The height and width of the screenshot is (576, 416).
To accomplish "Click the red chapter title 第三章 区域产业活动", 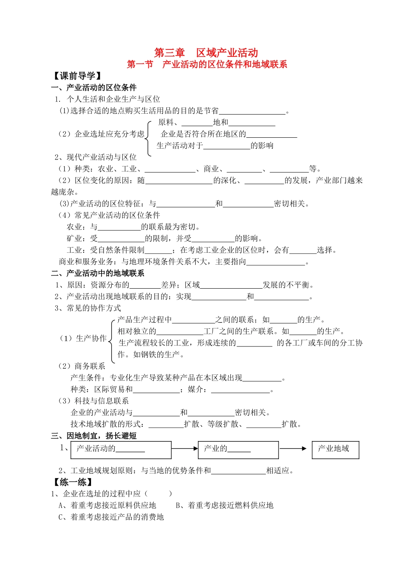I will (x=206, y=53).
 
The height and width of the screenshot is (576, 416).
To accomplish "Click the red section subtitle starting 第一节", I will (x=207, y=65).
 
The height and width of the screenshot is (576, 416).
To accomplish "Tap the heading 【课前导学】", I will (x=77, y=76).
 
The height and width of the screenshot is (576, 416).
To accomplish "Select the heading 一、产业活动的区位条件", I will (x=94, y=87).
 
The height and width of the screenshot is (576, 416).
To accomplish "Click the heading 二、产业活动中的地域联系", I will (x=97, y=273).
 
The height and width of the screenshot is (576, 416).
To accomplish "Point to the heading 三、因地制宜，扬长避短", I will (x=94, y=436).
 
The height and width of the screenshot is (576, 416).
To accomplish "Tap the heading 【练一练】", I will (x=73, y=482).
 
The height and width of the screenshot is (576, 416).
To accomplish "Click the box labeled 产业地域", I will (x=335, y=450).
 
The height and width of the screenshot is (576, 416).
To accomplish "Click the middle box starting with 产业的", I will (x=238, y=450).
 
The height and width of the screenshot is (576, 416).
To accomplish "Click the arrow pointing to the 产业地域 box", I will (x=293, y=448).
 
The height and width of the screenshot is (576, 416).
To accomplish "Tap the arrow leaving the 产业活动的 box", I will (x=185, y=448).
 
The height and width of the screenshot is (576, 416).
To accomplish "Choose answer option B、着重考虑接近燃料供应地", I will (x=224, y=505).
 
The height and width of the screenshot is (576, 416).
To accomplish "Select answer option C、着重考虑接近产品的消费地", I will (x=111, y=517).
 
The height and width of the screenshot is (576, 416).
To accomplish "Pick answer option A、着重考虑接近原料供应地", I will (x=107, y=505).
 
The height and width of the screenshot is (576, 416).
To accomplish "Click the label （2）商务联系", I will (x=82, y=366).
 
